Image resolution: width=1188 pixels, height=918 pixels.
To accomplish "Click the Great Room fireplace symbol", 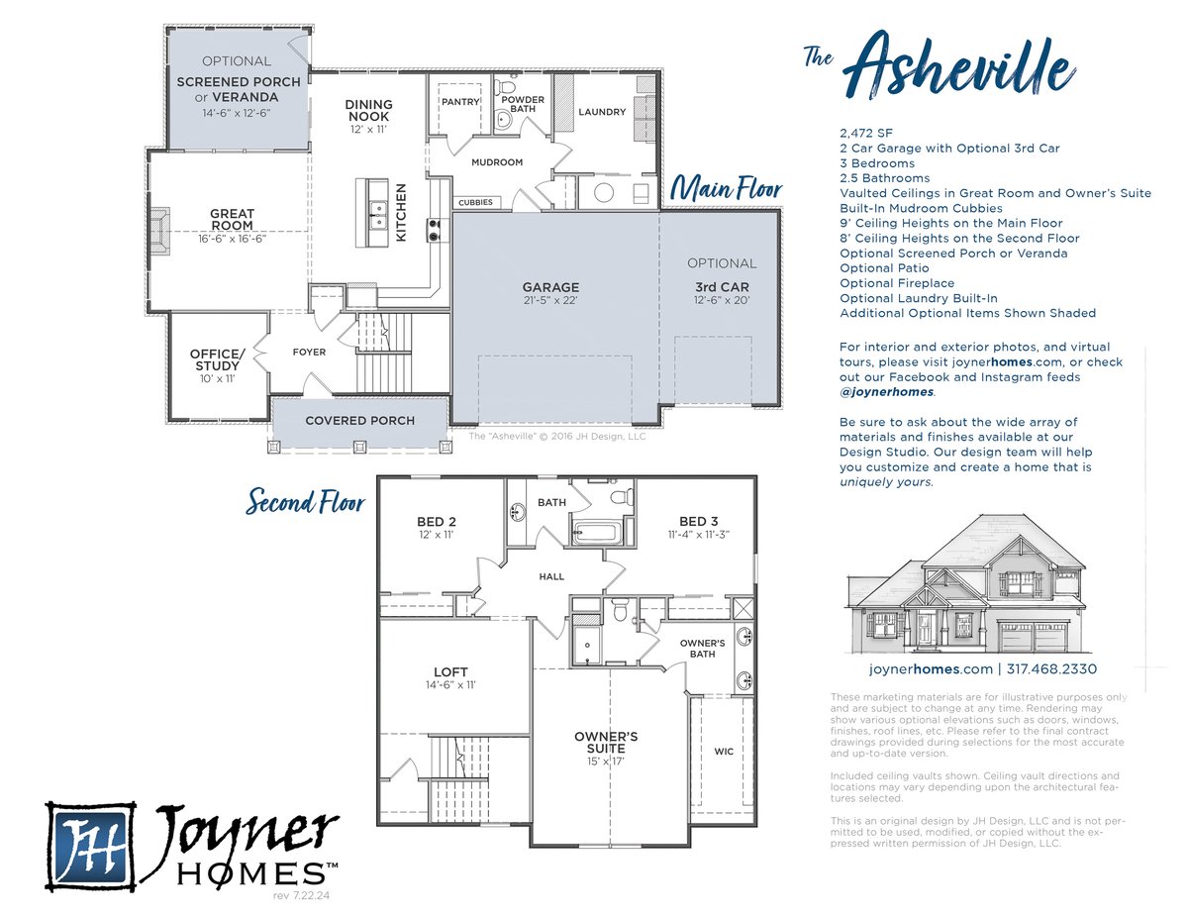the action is point(159,231).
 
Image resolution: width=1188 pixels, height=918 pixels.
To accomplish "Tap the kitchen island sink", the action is point(378,216).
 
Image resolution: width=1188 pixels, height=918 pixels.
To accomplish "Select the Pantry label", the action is point(460,102).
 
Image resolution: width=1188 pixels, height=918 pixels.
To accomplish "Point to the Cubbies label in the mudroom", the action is point(475,202).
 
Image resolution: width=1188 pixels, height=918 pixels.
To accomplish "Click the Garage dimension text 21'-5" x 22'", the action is point(550,300).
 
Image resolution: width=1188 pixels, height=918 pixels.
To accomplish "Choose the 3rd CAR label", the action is point(722,287).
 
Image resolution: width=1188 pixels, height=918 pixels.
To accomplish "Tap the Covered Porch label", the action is point(359,421).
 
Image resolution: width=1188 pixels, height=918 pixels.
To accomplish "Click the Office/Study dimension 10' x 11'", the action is point(217,378).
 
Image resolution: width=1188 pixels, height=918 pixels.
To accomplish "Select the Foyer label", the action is point(309,353).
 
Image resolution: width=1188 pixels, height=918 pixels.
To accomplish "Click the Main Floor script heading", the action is point(726,189).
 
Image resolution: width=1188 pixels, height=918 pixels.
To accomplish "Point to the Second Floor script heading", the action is point(305,502).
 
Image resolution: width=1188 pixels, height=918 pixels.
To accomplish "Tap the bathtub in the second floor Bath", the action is point(596,533).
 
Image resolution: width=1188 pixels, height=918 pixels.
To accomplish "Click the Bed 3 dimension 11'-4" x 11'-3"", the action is point(699,534).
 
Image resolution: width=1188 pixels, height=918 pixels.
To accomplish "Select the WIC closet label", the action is point(724,752).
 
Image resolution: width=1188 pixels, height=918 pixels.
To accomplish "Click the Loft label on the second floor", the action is point(450,672).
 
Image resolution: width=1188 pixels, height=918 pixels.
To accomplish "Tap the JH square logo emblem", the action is point(91,846).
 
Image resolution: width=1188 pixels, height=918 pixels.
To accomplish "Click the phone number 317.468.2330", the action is point(1051,668).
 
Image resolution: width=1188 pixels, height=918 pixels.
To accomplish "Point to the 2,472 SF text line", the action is point(866,133).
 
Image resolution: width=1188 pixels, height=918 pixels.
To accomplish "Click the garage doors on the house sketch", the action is point(1032,636).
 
